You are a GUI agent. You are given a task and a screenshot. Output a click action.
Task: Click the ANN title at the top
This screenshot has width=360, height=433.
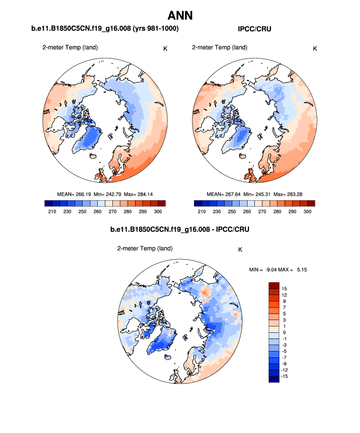(x=180, y=15)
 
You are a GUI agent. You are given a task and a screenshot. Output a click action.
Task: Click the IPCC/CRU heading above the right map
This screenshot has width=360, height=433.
(x=254, y=29)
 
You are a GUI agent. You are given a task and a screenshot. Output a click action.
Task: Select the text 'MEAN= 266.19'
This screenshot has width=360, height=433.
(x=74, y=194)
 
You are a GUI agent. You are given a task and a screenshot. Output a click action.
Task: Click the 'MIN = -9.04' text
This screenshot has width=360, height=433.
(x=265, y=269)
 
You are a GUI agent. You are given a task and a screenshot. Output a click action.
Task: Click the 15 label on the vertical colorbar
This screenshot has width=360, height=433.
(x=285, y=289)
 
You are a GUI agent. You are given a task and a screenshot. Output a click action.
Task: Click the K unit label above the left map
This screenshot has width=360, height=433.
(x=165, y=49)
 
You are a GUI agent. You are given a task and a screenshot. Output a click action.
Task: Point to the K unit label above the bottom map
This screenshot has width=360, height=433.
(x=240, y=249)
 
